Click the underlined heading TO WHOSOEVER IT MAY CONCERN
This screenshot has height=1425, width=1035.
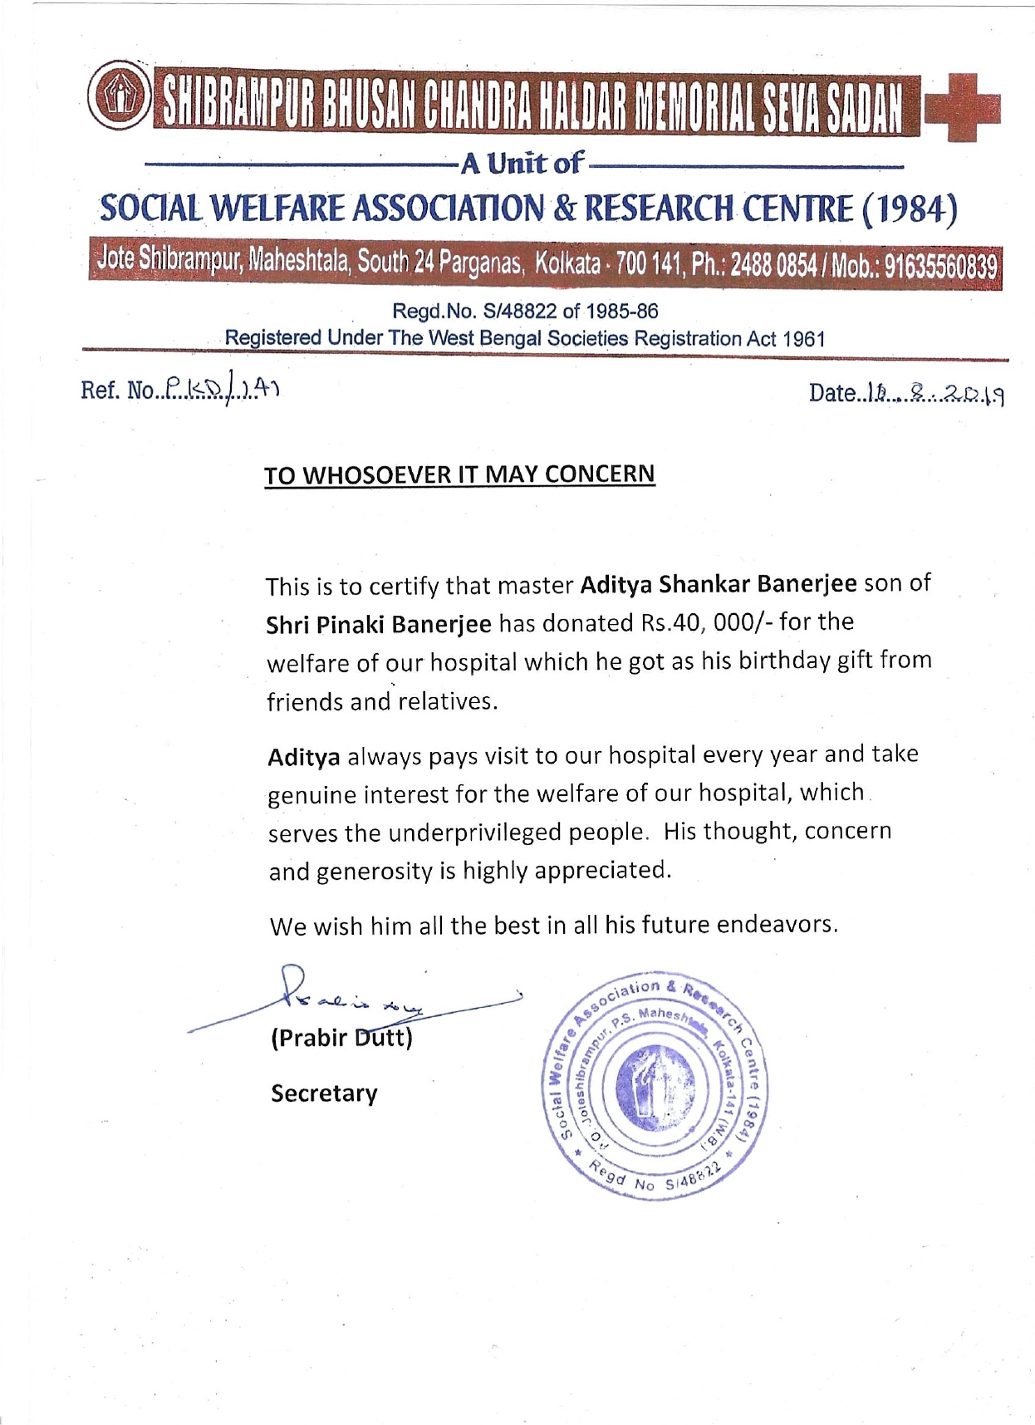(x=459, y=474)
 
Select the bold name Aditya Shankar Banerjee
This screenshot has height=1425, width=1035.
(x=719, y=584)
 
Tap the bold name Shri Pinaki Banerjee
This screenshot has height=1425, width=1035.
(x=379, y=623)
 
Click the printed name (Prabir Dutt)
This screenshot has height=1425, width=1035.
(x=341, y=1039)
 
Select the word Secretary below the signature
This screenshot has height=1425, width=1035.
(x=324, y=1093)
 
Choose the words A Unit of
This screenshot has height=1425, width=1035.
(x=523, y=163)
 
